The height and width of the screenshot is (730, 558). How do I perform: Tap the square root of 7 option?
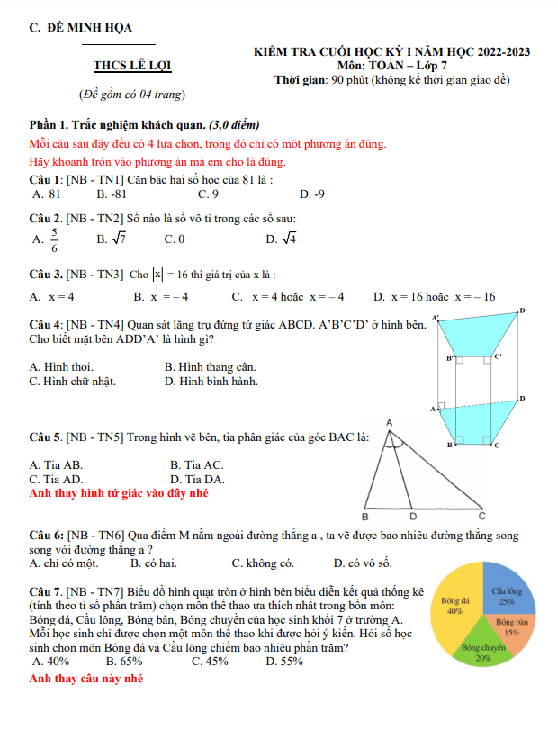coord(111,239)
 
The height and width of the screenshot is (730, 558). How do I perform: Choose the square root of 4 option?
coord(283,239)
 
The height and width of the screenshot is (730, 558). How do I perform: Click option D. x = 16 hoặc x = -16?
coord(435,296)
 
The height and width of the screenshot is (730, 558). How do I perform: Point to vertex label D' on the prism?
coord(523,311)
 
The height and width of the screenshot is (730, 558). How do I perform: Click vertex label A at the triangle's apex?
coord(390,421)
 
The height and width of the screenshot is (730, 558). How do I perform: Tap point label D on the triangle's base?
coord(413,517)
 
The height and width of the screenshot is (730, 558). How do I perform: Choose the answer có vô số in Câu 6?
coord(363,563)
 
